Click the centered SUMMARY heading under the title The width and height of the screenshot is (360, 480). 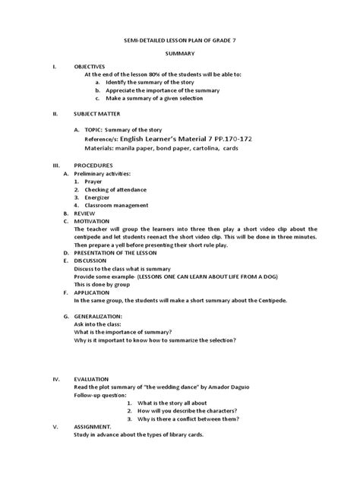tap(179, 55)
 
